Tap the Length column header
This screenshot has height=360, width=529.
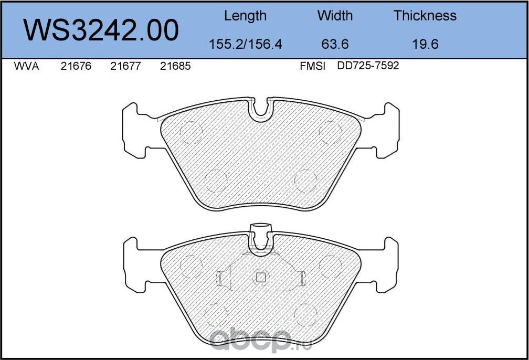245,16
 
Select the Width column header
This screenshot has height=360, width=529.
335,16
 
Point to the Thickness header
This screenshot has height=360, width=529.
425,16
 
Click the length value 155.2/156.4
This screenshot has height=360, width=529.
246,44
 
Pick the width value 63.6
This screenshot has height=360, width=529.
335,44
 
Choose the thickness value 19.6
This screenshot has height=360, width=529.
425,44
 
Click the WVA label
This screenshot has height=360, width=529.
26,67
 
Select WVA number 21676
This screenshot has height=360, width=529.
76,67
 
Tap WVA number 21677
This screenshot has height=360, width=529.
125,67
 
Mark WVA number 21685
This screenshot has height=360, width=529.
175,67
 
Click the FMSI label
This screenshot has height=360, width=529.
313,67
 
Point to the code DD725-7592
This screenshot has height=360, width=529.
368,67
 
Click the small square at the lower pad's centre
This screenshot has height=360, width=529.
261,278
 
